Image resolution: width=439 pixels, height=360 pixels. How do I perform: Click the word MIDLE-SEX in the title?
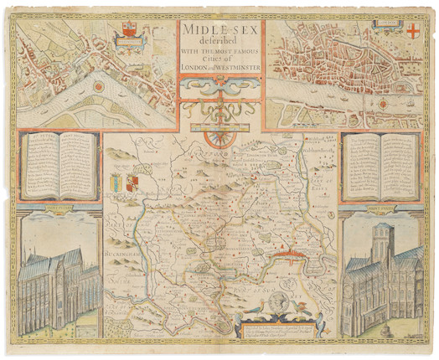tap(219, 31)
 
